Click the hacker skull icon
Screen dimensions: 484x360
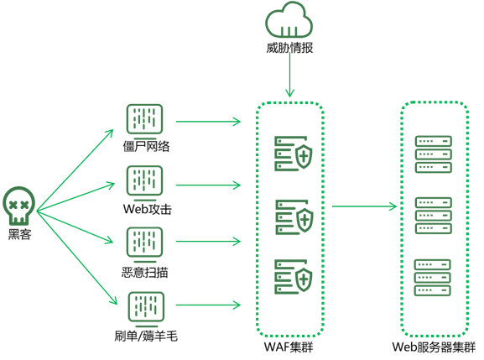point(18,206)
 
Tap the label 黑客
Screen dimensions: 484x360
point(20,234)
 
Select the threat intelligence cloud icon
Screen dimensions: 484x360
point(289,20)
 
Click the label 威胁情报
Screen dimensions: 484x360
point(289,48)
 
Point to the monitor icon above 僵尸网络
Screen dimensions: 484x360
point(144,122)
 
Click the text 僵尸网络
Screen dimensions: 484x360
point(146,146)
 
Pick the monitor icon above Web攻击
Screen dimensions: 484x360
point(144,183)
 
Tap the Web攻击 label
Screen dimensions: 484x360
point(148,209)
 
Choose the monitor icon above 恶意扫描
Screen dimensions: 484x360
point(144,244)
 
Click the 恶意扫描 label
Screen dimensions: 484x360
point(145,273)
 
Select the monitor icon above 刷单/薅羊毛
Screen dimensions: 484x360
point(146,309)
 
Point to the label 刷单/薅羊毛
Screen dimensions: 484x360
point(146,336)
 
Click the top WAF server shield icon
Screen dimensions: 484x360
point(294,154)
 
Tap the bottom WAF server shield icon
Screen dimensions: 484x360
point(294,277)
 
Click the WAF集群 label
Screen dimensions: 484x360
point(289,347)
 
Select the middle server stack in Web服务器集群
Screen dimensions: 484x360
point(434,216)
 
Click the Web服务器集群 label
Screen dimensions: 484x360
point(434,347)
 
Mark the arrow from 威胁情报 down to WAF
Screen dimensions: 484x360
point(289,75)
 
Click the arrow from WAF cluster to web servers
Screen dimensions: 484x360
point(364,206)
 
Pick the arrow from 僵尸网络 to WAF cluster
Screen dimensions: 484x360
point(208,122)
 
